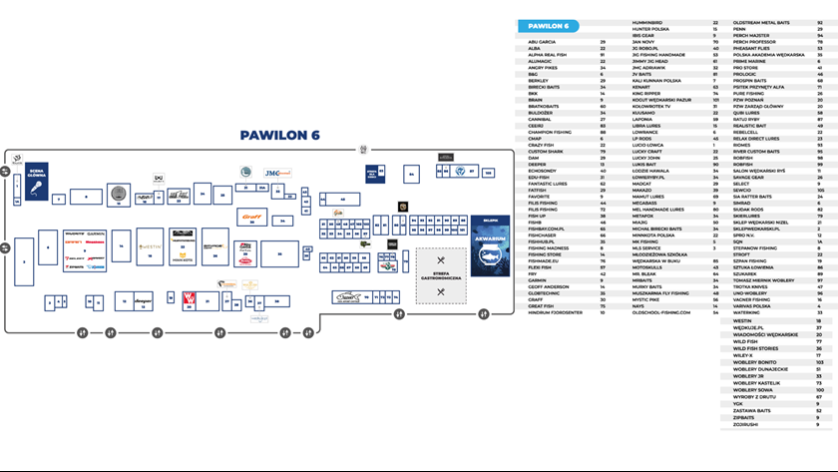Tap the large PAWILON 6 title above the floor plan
[x=279, y=135]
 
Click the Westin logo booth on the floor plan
[x=150, y=245]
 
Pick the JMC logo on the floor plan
[x=271, y=173]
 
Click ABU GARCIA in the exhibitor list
[x=548, y=42]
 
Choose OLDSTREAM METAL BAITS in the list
[x=763, y=21]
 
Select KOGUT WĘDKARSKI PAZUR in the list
[x=662, y=100]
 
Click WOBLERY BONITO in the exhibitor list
[x=755, y=362]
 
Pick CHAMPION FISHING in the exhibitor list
[x=553, y=132]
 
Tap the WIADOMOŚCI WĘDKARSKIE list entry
[x=765, y=334]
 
